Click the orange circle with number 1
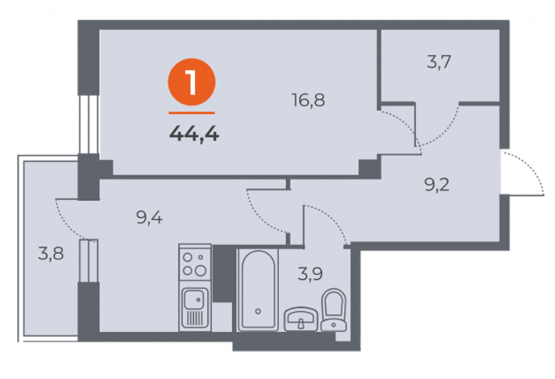pyautogui.click(x=192, y=82)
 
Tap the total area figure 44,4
pyautogui.click(x=195, y=134)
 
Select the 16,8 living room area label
pyautogui.click(x=308, y=100)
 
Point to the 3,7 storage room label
pyautogui.click(x=439, y=63)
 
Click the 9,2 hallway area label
pyautogui.click(x=437, y=184)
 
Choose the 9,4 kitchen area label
pyautogui.click(x=149, y=217)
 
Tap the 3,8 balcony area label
pyautogui.click(x=51, y=253)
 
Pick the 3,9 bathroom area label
pyautogui.click(x=310, y=274)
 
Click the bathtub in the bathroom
pyautogui.click(x=258, y=290)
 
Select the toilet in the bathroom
pyautogui.click(x=334, y=310)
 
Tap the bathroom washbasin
pyautogui.click(x=301, y=319)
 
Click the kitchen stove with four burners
pyautogui.click(x=195, y=263)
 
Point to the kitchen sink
pyautogui.click(x=195, y=307)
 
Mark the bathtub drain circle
pyautogui.click(x=258, y=312)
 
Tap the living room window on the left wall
pyautogui.click(x=88, y=124)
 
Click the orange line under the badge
pyautogui.click(x=192, y=113)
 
